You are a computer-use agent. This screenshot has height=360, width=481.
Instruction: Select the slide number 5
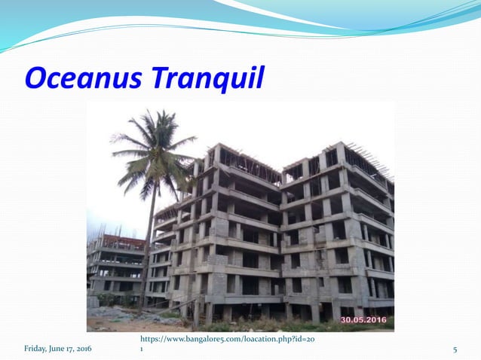point(455,349)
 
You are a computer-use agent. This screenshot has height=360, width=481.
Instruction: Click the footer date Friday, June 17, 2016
point(58,349)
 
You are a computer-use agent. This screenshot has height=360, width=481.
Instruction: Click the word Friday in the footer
point(35,349)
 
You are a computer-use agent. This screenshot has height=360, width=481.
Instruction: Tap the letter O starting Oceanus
point(36,78)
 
